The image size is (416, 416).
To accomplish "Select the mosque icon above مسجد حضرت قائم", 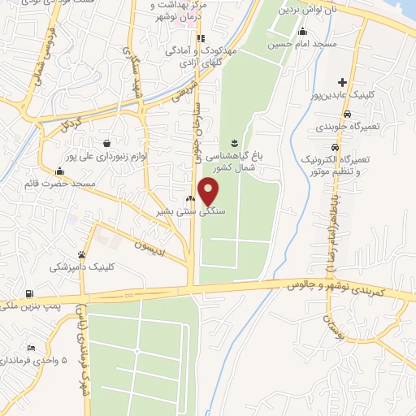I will [59, 171].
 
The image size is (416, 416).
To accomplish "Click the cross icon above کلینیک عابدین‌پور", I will [343, 82].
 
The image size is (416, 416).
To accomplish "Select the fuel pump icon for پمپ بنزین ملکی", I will [30, 293].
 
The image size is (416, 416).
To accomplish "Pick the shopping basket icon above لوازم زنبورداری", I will [107, 143].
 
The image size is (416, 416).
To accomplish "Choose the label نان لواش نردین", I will [306, 10].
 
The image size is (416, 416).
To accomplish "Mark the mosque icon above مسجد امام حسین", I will [302, 31].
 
